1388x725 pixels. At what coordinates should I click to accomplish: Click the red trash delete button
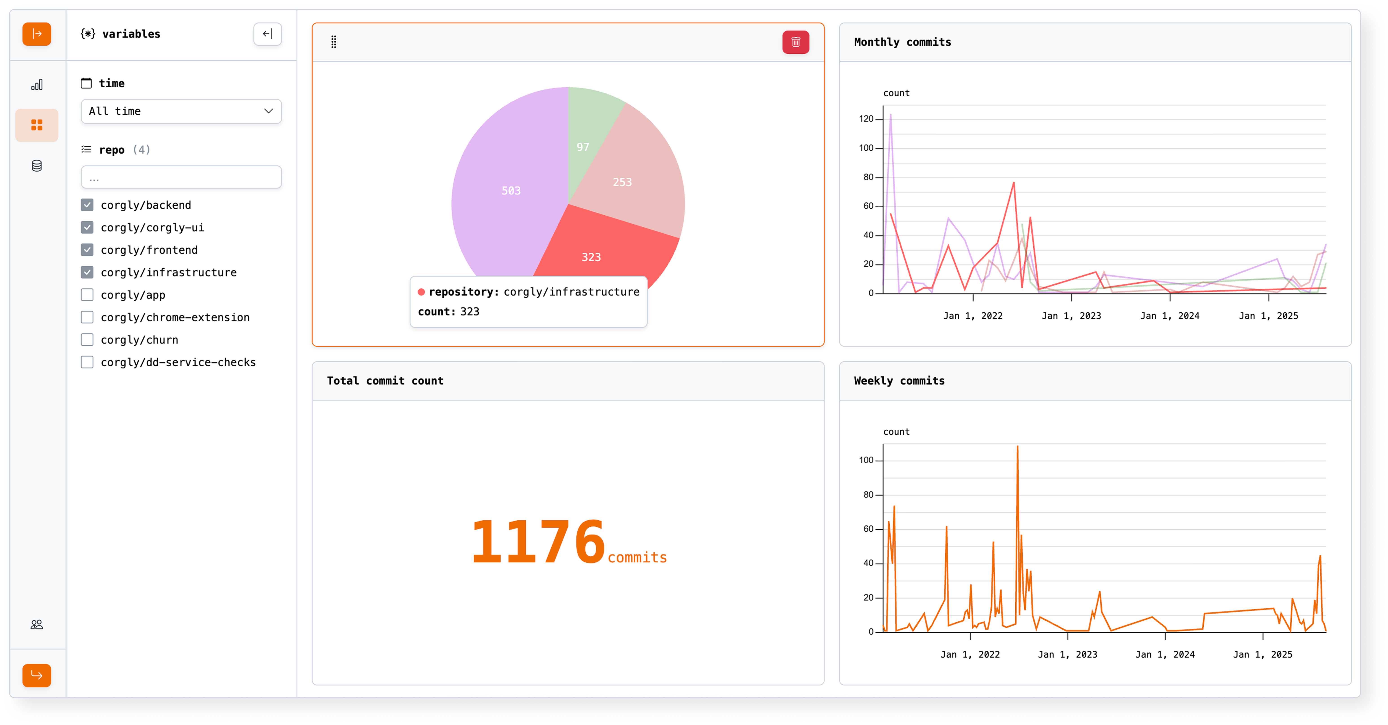795,42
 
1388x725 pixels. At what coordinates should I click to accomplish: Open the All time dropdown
181,111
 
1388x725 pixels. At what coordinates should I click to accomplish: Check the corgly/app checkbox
87,295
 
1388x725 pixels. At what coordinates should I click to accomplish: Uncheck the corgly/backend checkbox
87,205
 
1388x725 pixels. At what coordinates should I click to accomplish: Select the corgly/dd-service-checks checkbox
87,362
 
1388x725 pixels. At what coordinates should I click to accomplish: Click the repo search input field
181,177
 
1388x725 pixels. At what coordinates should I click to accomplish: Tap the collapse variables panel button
267,34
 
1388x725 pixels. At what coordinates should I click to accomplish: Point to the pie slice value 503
511,191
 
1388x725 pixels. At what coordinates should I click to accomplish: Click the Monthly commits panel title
902,42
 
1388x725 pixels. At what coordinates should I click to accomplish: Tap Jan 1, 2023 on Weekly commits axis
1068,654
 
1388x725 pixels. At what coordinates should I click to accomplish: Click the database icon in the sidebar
37,166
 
